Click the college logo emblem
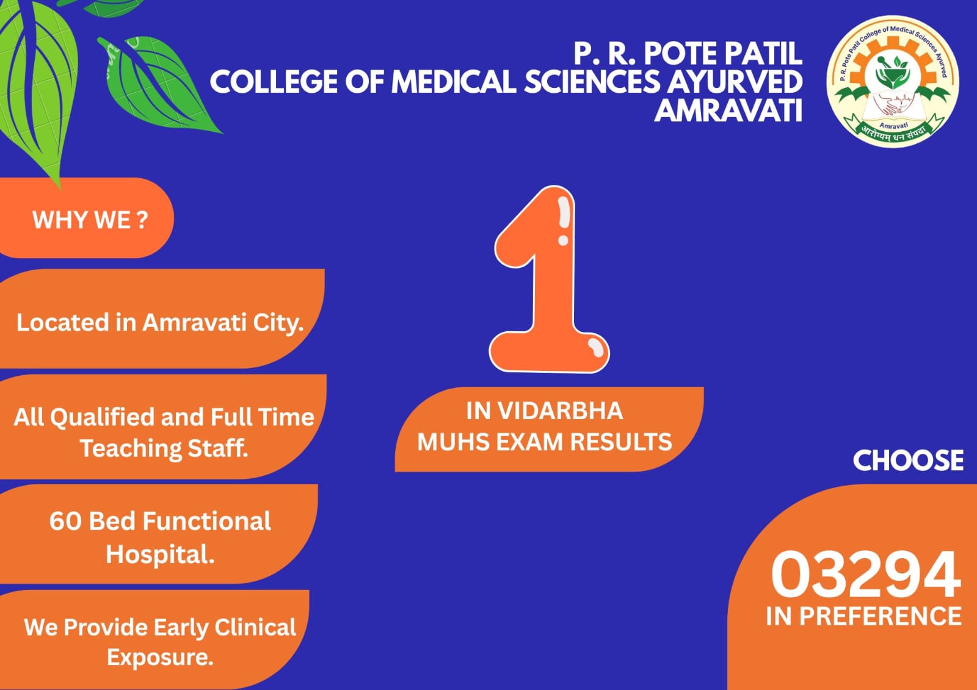[x=892, y=82]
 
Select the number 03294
[x=865, y=574]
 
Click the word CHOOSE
[x=908, y=461]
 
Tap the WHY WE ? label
[x=90, y=220]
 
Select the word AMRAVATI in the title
[x=728, y=110]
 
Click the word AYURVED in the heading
[x=735, y=82]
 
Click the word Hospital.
[x=160, y=555]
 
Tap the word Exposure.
[x=160, y=657]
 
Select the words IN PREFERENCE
[x=863, y=616]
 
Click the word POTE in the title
[x=681, y=54]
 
